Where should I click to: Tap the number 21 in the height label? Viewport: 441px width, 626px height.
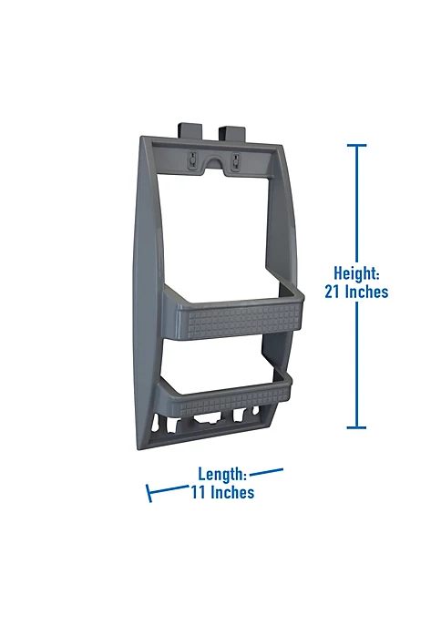coord(334,292)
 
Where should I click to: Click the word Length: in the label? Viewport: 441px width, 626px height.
coord(222,474)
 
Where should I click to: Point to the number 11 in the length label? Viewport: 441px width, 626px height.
coord(198,493)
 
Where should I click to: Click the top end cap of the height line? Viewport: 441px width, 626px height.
coord(356,145)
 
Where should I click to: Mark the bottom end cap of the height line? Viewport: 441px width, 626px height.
coord(356,426)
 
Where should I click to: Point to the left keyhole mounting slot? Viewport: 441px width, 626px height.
coord(193,160)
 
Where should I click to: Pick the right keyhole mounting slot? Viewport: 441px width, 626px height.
coord(234,162)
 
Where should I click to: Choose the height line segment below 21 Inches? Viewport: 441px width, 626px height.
coord(356,364)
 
